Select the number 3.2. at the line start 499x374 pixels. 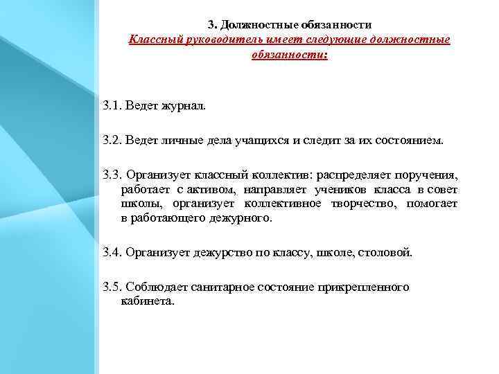(112, 141)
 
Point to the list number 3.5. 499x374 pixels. (112, 287)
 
